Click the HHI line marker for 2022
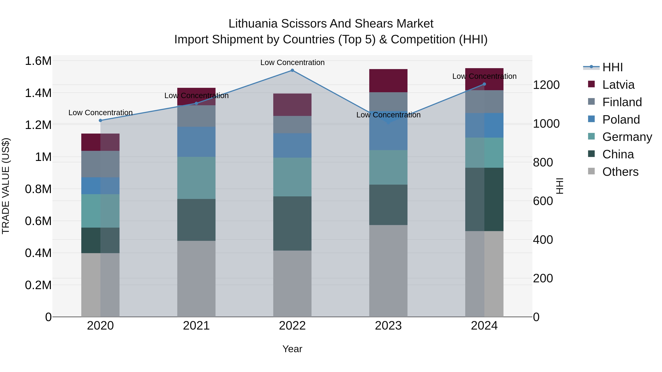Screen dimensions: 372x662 [292, 70]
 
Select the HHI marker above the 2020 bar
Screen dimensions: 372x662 [100, 120]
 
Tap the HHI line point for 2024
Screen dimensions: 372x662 [484, 84]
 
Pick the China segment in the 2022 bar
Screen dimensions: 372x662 [292, 223]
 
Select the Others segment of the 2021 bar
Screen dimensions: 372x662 [196, 278]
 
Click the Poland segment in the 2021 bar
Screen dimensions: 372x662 [196, 142]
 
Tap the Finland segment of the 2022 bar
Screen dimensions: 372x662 [292, 125]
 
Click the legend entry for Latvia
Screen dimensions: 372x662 [618, 85]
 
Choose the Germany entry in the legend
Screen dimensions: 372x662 [627, 137]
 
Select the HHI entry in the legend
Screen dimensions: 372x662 [612, 67]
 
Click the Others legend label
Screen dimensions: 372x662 [620, 172]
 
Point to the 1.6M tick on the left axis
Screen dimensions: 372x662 [38, 61]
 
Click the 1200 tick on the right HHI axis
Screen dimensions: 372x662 [546, 85]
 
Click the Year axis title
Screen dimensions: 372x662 [292, 349]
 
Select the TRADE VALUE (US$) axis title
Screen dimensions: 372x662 [6, 186]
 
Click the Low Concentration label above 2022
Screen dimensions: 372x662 [292, 62]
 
